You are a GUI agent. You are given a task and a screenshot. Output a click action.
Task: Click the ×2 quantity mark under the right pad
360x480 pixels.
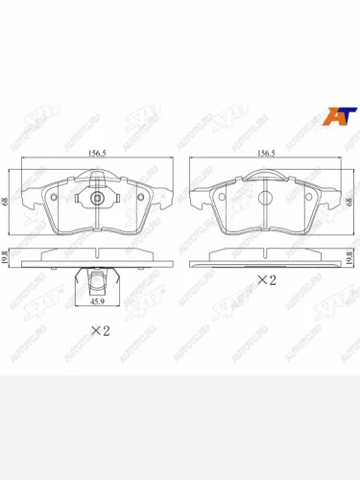click(x=266, y=280)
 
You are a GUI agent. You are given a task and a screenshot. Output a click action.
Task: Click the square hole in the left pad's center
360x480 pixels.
click(x=98, y=199)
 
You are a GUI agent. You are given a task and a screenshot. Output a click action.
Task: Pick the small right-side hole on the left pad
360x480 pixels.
click(x=140, y=199)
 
